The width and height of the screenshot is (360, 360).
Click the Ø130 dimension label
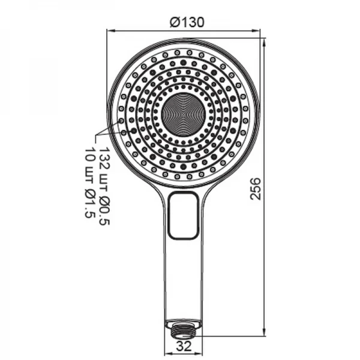(x=187, y=22)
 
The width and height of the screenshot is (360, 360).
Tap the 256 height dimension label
(x=255, y=188)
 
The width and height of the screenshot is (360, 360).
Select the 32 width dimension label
(x=184, y=346)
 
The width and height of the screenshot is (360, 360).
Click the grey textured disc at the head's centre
(x=184, y=115)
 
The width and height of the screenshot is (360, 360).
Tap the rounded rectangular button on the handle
(x=184, y=215)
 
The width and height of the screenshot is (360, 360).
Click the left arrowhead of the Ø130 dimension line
(x=111, y=29)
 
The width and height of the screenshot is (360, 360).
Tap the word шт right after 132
(x=104, y=178)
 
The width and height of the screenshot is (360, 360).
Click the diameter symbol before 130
(x=174, y=22)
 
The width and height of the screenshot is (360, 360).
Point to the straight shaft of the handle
(x=184, y=276)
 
